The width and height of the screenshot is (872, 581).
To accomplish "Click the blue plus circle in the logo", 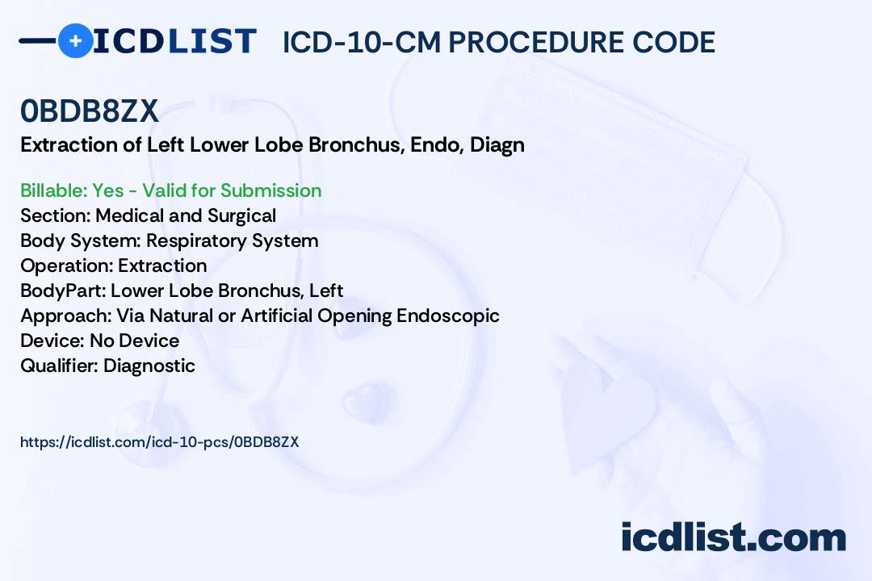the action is click(76, 40).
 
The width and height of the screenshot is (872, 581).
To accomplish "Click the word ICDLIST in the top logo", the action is click(174, 41).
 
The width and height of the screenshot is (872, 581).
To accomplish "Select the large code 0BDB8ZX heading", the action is click(90, 111).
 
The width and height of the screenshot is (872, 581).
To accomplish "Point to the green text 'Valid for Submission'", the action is click(232, 190).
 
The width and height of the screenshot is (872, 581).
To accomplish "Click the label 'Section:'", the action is click(56, 215).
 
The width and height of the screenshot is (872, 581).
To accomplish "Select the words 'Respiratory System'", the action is click(233, 241).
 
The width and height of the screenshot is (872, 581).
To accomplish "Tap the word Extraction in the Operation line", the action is click(162, 265).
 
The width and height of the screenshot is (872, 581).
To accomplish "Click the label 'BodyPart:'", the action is click(64, 290).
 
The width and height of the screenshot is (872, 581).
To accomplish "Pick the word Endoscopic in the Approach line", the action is click(447, 316).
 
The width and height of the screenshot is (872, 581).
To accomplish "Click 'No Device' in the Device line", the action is click(135, 341).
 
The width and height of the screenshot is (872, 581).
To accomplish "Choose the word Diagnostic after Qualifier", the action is click(149, 366).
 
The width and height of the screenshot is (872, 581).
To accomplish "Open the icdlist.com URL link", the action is click(160, 442).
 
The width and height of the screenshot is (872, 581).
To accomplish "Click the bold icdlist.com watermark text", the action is click(733, 537).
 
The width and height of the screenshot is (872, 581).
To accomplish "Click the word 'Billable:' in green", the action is click(54, 190).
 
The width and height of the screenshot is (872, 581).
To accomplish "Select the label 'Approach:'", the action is click(66, 316).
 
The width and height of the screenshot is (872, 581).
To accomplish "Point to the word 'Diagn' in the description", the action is click(497, 146).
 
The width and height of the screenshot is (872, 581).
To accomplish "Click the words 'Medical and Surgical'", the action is click(186, 215).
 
